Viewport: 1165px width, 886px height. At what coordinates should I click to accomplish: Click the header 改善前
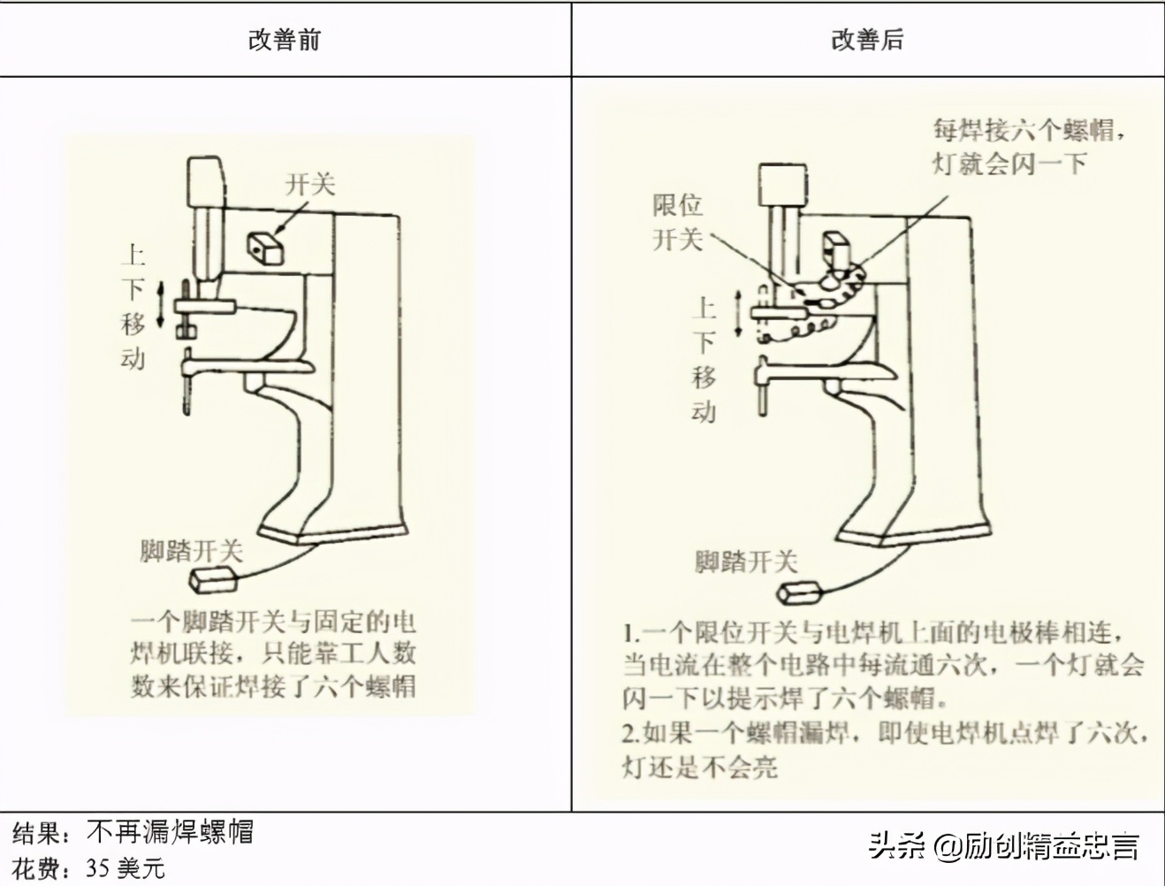[285, 40]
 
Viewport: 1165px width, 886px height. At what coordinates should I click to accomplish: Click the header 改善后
[867, 40]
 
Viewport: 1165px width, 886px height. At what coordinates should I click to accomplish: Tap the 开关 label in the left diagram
[310, 184]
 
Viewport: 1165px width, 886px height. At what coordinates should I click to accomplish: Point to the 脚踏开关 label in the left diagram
[192, 551]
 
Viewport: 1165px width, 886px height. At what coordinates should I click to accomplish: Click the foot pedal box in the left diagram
[215, 580]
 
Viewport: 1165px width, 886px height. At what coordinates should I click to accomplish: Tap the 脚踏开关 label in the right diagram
[746, 561]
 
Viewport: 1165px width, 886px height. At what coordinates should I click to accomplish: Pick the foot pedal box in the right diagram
[801, 590]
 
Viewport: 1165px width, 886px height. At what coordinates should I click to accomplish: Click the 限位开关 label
[678, 222]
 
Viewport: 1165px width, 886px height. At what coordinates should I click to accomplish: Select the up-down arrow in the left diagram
[161, 305]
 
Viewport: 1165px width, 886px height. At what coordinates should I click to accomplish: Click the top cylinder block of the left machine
[206, 181]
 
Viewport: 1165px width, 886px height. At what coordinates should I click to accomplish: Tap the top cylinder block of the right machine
[782, 187]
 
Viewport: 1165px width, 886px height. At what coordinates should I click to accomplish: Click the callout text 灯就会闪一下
[1009, 164]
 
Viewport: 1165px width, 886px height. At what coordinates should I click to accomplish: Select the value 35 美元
[125, 868]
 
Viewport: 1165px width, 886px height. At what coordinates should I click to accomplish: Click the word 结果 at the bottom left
[37, 833]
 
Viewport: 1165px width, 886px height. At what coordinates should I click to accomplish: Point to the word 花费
[37, 868]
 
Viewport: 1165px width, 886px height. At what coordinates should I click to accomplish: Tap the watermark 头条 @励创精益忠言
[1003, 846]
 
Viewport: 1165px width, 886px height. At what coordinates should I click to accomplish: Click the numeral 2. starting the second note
[630, 733]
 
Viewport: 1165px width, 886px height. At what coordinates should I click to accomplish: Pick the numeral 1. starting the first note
[630, 633]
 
